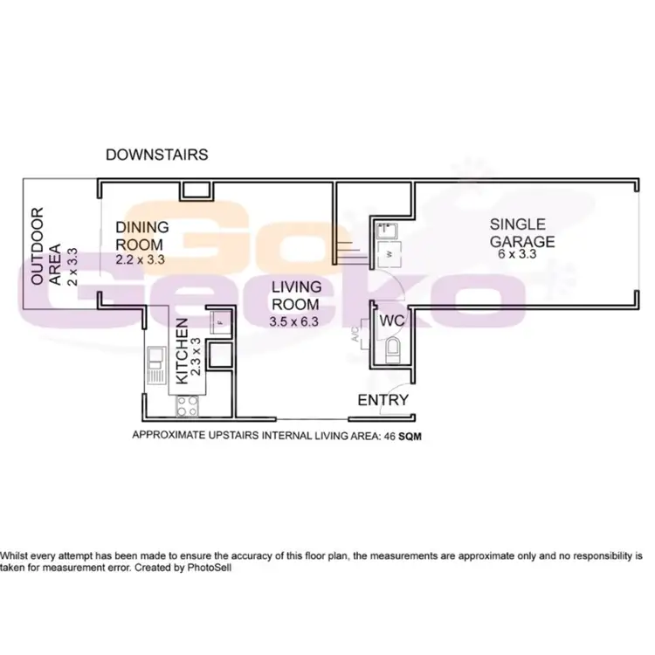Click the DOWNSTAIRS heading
coord(156,155)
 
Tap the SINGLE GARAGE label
coord(521,231)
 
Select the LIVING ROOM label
coord(296,295)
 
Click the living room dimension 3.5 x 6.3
coord(296,321)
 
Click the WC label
coord(390,321)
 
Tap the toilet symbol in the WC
coord(390,350)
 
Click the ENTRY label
coord(383,400)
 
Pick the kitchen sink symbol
coord(156,365)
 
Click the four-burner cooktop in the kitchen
coord(188,403)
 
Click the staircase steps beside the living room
coord(348,252)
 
